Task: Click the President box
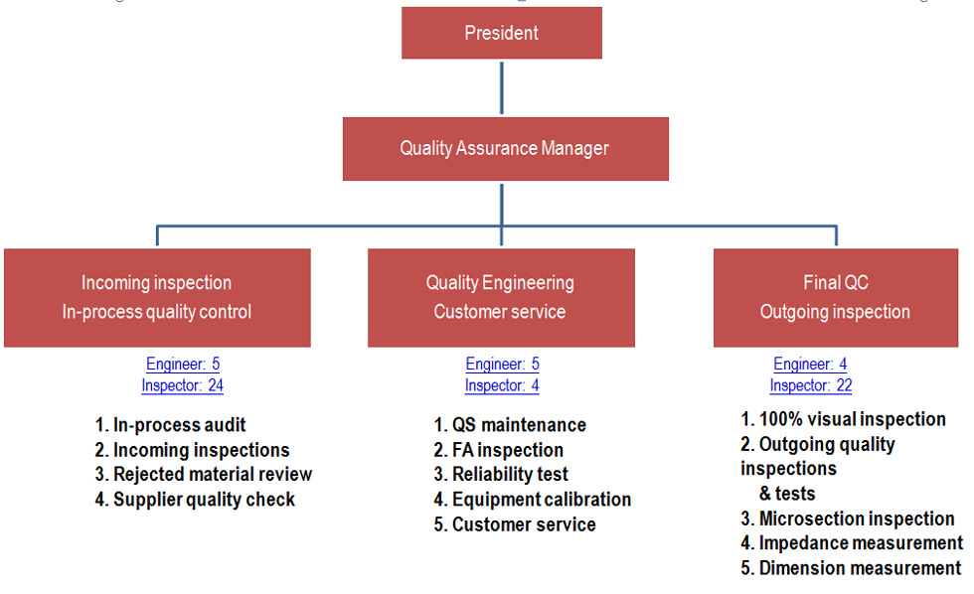coord(502,33)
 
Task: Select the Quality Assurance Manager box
coord(506,149)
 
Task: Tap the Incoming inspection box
coord(157,298)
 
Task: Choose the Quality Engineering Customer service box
coord(501,298)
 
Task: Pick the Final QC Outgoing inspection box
coord(836,298)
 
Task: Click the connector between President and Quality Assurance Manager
coord(502,87)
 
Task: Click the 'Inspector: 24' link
coord(182,385)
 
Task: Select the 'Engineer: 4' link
coord(810,364)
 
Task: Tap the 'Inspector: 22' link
coord(811,385)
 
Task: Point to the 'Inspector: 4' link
coord(502,385)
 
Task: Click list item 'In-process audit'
coord(170,425)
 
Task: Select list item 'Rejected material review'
coord(203,474)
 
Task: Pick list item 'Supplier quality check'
coord(195,500)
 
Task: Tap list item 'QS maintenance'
coord(510,425)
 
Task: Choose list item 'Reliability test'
coord(501,474)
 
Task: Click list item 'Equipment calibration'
coord(533,500)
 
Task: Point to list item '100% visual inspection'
coord(843,419)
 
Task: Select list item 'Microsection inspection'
coord(847,519)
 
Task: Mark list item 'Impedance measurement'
coord(852,543)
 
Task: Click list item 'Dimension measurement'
coord(851,568)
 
